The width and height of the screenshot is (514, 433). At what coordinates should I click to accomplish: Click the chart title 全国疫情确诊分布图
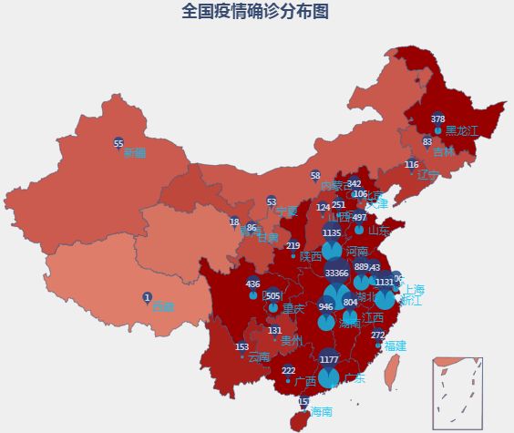(x=255, y=12)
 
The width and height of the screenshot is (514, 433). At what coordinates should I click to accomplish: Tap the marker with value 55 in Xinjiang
(x=118, y=144)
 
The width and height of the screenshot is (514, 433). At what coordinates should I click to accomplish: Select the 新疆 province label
(x=134, y=152)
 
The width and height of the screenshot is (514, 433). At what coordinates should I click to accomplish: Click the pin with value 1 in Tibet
(x=147, y=297)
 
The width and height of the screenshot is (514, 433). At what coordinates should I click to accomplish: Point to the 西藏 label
(x=162, y=306)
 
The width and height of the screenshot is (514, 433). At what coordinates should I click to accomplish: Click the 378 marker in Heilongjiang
(x=438, y=119)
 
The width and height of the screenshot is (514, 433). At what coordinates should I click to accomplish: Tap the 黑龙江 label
(x=461, y=131)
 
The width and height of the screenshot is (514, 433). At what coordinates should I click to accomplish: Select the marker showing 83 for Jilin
(x=427, y=142)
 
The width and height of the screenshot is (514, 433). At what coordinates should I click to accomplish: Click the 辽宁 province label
(x=427, y=174)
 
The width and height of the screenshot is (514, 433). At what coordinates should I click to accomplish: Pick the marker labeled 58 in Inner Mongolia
(x=315, y=176)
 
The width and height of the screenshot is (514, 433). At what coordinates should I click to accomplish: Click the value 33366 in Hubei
(x=336, y=273)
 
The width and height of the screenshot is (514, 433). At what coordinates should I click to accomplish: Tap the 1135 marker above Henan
(x=332, y=234)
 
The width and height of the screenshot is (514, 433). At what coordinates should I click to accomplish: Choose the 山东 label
(x=379, y=231)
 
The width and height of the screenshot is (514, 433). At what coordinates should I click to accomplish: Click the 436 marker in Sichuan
(x=253, y=284)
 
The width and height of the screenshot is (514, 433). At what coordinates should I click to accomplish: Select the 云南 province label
(x=259, y=356)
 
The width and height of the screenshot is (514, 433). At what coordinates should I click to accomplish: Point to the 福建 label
(x=395, y=345)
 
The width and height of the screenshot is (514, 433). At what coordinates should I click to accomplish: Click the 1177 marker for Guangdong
(x=329, y=359)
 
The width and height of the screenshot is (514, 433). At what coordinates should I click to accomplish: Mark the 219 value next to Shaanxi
(x=293, y=246)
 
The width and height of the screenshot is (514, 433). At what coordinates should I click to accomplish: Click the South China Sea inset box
(x=457, y=393)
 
